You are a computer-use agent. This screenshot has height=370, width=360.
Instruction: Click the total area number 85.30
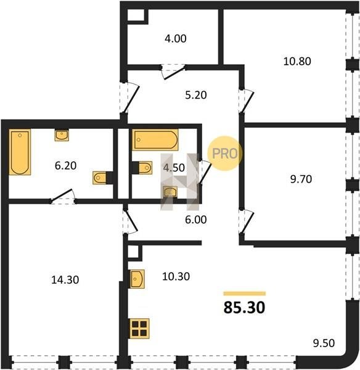[244, 308]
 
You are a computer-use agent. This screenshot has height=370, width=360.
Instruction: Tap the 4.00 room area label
[176, 38]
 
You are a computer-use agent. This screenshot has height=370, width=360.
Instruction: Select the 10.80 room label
[297, 61]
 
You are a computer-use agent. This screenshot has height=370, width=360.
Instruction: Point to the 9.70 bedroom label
[301, 179]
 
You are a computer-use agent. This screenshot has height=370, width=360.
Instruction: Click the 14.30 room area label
[65, 280]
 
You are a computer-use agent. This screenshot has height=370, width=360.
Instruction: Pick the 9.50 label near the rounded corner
[324, 343]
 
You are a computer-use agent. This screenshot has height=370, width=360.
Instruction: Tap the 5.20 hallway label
[196, 95]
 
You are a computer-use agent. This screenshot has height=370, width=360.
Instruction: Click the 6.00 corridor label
[196, 220]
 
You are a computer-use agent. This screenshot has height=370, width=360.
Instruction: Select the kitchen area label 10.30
[176, 276]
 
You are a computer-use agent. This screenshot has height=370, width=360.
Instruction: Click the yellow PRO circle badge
[224, 154]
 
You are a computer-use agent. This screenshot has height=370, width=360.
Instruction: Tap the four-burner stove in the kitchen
[140, 328]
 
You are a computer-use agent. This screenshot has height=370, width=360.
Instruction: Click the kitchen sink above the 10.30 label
[137, 279]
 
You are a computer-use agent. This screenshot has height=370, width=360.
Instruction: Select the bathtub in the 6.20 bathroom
[20, 152]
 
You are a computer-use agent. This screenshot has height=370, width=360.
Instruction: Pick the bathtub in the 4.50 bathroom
[155, 140]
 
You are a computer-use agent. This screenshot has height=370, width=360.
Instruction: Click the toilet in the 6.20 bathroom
[99, 178]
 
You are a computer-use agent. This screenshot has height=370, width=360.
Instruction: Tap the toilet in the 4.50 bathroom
[145, 168]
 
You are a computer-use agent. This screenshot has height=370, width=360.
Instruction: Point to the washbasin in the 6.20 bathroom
[62, 136]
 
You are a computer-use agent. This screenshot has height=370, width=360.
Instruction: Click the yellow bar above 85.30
[245, 294]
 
